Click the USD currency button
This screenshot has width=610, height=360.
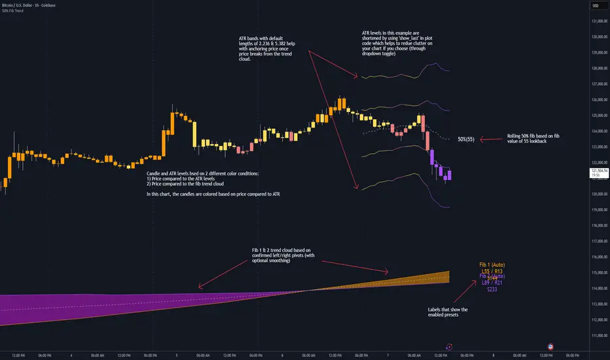click(596, 6)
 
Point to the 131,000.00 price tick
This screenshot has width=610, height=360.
click(596, 21)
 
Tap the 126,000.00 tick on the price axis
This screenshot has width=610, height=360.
click(596, 99)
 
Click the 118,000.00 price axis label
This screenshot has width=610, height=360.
click(596, 225)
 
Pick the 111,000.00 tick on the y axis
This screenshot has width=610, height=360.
click(596, 335)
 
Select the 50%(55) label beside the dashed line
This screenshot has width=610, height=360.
click(467, 139)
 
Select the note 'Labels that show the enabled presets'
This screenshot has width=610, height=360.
click(446, 312)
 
